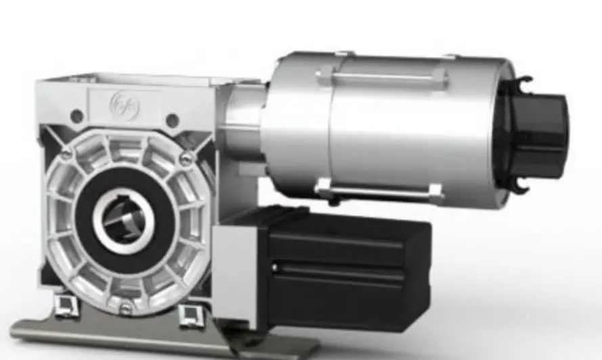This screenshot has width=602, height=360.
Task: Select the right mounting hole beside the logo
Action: [x=173, y=120]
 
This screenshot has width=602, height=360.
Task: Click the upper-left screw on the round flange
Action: [x=66, y=155]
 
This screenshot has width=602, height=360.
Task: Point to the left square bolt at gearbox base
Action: [x=66, y=306]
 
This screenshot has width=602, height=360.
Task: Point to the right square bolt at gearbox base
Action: [x=190, y=313]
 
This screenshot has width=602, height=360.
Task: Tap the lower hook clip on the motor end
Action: [x=517, y=184]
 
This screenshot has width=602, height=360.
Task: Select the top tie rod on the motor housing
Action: [x=383, y=76]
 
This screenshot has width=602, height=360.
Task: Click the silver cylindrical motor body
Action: [x=406, y=129]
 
